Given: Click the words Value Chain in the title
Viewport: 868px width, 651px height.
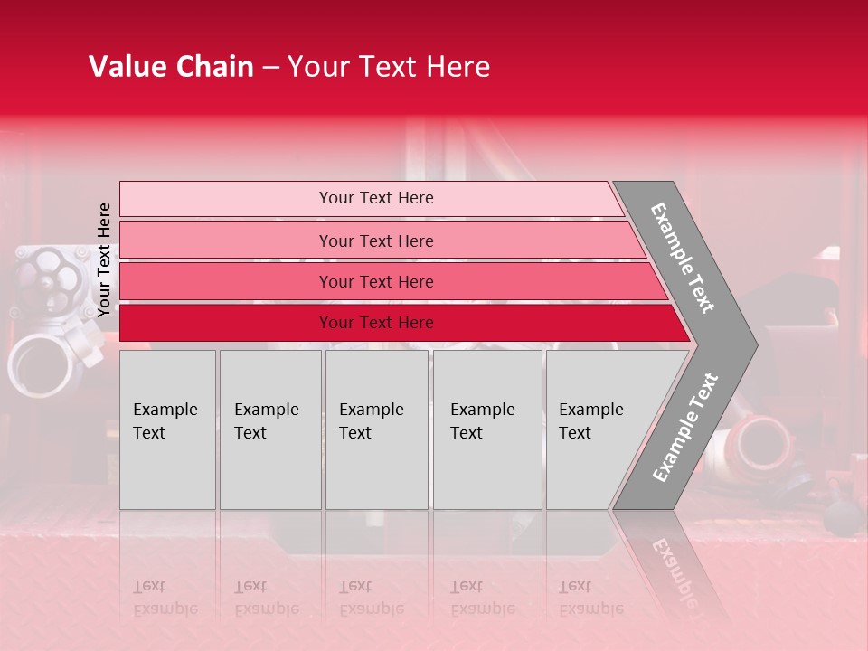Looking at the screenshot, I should (171, 67).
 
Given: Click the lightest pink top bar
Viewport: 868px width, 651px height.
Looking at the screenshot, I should (375, 198).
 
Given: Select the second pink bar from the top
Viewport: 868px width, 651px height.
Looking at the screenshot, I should (375, 241).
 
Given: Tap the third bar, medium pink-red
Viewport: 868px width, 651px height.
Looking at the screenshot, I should (375, 281).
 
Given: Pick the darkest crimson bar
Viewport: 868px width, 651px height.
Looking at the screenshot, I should (375, 323).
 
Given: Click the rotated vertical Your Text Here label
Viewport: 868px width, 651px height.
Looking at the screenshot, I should (104, 259).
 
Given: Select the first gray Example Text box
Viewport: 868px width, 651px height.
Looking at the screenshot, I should (167, 429).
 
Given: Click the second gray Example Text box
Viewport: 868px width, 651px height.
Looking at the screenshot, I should (269, 429).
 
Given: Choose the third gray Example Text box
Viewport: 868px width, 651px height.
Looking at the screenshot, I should (375, 429).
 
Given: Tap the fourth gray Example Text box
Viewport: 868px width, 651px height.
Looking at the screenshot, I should (486, 429).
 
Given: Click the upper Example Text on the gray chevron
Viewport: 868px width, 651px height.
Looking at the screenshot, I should (683, 258).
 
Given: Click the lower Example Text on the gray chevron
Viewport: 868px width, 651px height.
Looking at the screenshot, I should (684, 428).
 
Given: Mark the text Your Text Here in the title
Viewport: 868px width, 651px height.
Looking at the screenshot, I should (389, 67).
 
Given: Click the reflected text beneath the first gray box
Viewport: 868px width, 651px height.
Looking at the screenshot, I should (165, 598).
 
